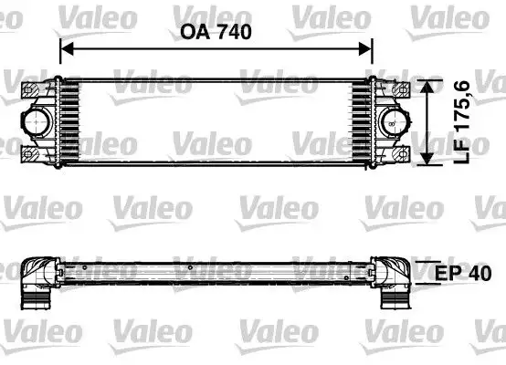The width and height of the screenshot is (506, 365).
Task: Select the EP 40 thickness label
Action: (461, 273)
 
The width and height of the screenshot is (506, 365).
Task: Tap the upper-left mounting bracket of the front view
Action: (32, 89)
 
